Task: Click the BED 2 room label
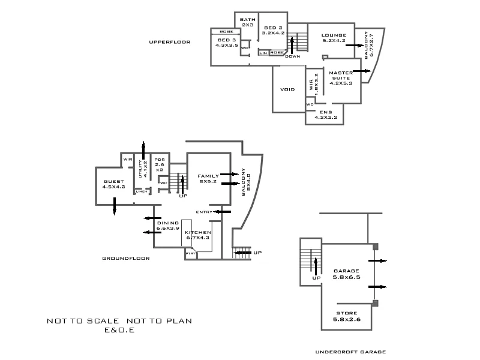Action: click(272, 31)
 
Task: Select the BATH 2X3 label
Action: click(248, 22)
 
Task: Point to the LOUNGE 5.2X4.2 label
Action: click(334, 38)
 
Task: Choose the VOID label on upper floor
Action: click(287, 89)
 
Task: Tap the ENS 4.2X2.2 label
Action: click(326, 115)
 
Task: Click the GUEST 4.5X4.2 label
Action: click(113, 184)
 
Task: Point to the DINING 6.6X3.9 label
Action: click(168, 226)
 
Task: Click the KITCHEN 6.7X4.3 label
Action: click(197, 235)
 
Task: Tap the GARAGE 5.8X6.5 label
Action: click(346, 274)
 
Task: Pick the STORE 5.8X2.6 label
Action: click(346, 316)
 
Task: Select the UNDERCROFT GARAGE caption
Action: click(350, 352)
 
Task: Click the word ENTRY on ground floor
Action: click(204, 212)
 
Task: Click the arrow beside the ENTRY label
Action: click(223, 211)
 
